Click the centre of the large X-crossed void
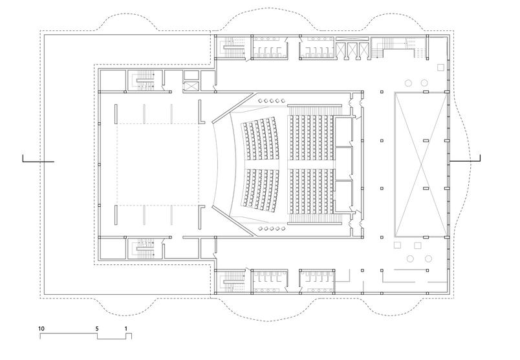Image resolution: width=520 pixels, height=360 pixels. tap(421, 164)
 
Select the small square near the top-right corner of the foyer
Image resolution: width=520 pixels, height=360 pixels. tap(440, 67)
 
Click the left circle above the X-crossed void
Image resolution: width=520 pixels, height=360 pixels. tap(407, 83)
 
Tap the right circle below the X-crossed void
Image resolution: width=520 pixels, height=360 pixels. tap(428, 259)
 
